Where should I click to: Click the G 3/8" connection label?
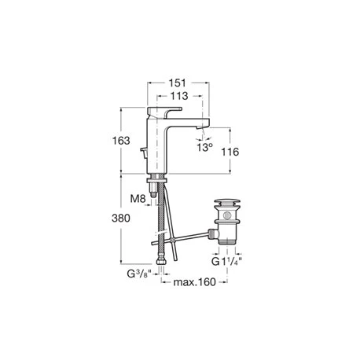pos(140,274)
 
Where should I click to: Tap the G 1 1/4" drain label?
pos(226,261)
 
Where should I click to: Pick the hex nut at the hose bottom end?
pos(161,259)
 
